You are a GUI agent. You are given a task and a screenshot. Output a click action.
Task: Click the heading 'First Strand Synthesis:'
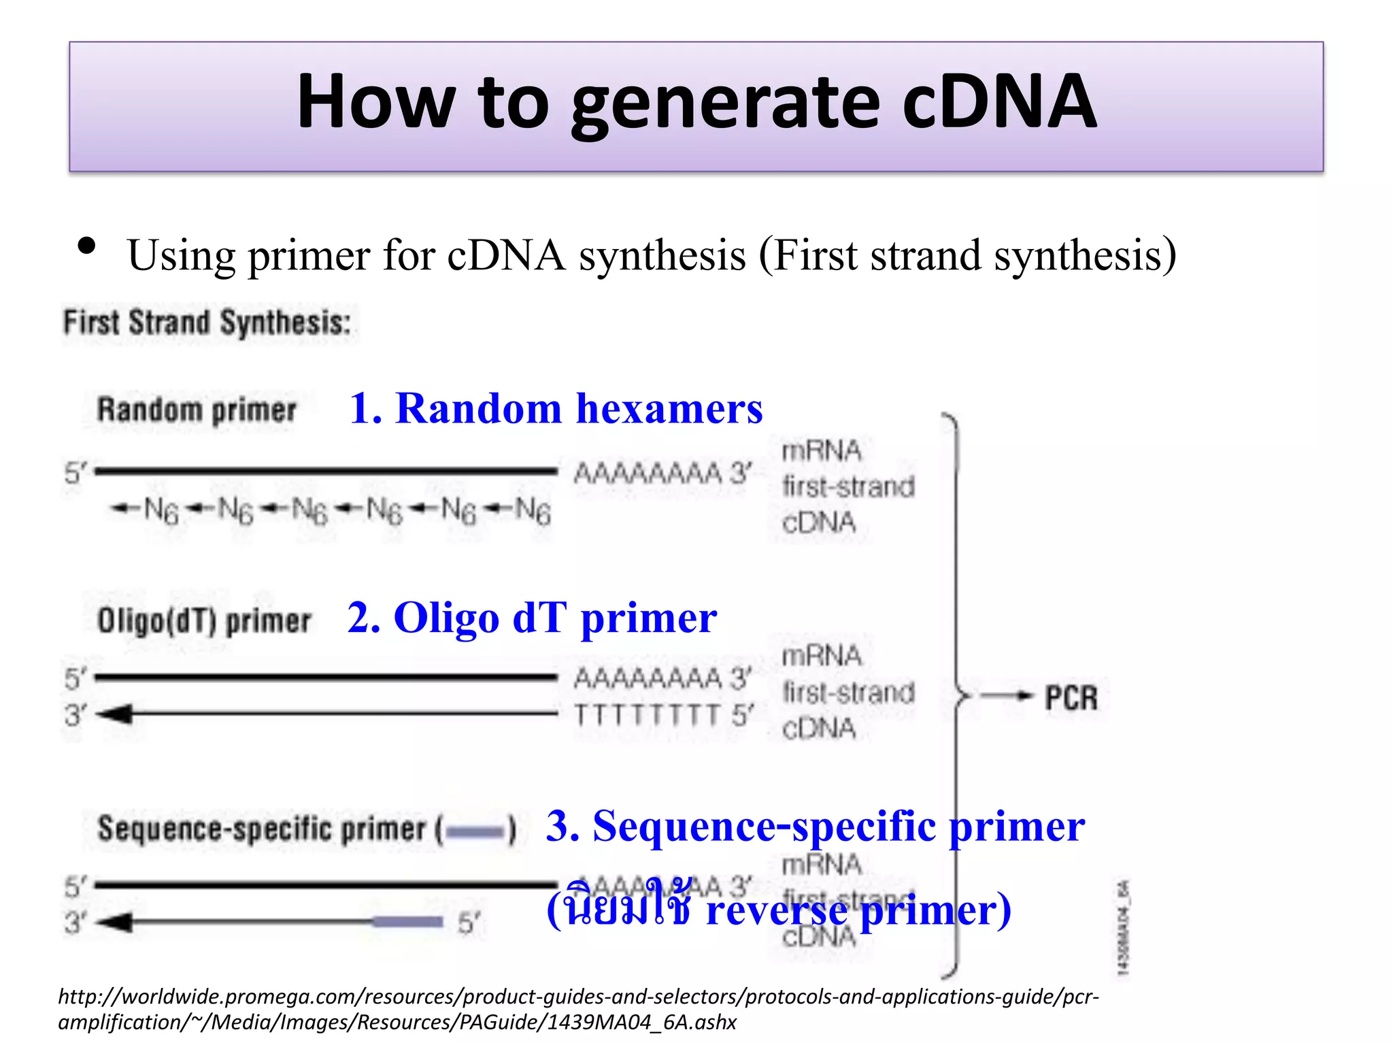207,322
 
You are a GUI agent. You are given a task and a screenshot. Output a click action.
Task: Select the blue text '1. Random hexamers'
556,409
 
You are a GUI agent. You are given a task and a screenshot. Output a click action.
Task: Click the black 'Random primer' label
197,411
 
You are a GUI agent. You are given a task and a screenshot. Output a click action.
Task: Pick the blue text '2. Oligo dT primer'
532,618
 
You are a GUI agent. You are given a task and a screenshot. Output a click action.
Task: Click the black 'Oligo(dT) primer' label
204,621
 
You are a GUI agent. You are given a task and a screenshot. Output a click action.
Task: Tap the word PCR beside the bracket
1071,699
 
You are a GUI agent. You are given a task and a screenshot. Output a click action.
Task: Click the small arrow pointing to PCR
1007,695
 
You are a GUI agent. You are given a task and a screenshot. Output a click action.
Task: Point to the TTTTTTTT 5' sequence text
663,716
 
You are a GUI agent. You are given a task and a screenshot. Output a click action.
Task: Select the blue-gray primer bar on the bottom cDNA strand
407,922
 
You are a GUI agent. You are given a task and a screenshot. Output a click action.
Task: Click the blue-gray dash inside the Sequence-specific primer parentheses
476,831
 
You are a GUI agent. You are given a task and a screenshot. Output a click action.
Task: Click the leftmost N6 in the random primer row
161,510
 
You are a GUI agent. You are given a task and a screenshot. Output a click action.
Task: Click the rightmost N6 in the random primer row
532,511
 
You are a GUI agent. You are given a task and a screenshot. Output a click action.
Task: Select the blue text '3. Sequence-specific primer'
815,827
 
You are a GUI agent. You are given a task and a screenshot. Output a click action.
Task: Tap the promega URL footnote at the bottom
578,1009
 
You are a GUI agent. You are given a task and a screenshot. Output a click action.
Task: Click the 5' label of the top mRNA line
75,473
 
